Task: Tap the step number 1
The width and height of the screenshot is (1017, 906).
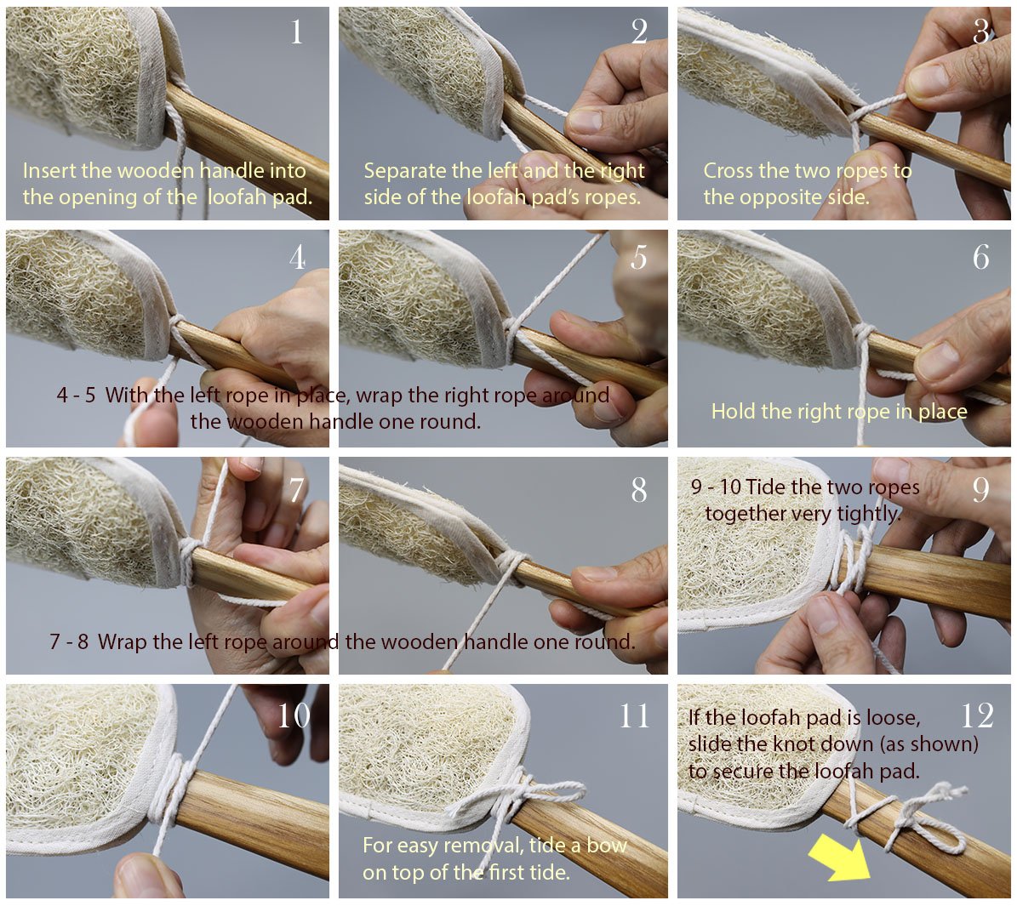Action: tap(296, 31)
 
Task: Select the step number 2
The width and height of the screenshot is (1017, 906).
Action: tap(639, 31)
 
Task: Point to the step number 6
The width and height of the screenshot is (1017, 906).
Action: tap(980, 258)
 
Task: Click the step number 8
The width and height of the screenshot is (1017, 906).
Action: tap(639, 490)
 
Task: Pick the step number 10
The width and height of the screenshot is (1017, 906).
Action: tap(294, 715)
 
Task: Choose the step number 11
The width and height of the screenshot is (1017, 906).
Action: tap(634, 716)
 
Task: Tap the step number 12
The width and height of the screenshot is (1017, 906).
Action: tap(977, 716)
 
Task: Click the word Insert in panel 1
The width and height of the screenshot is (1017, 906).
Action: tap(49, 170)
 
